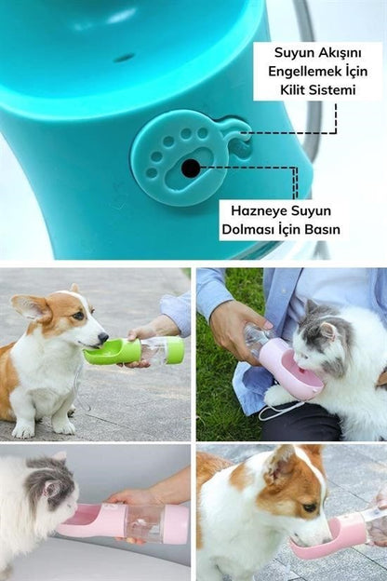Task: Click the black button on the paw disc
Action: [x=191, y=169]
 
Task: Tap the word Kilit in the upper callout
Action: [x=293, y=90]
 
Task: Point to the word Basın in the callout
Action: [x=322, y=229]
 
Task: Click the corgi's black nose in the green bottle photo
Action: [x=103, y=337]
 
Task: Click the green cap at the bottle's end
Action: [x=175, y=350]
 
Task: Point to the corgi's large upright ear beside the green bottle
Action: [x=32, y=308]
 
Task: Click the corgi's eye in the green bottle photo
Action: [x=78, y=316]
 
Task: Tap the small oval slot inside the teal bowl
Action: [x=124, y=58]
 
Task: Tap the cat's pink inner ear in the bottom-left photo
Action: [x=49, y=490]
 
